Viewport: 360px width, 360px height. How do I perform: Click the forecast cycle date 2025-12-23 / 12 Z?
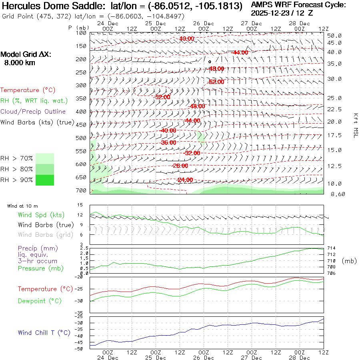[282, 13]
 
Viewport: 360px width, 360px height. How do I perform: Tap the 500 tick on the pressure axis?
[81, 138]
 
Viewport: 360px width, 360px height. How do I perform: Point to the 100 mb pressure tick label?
[81, 33]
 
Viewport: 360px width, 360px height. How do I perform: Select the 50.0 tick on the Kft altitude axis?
[334, 36]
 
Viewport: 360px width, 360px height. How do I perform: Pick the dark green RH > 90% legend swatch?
[44, 180]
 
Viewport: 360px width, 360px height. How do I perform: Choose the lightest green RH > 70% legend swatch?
[44, 158]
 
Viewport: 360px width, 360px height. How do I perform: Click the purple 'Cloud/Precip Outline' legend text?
[33, 112]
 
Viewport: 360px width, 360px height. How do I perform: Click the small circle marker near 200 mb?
[210, 62]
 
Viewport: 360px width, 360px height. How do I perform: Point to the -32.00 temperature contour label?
[192, 153]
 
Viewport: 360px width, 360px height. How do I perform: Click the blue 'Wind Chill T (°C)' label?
[44, 332]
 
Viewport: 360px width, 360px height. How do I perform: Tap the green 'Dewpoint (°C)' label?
[40, 301]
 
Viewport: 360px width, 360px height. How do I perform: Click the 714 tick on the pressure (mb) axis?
[332, 248]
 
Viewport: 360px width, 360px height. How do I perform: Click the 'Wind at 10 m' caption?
[22, 206]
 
